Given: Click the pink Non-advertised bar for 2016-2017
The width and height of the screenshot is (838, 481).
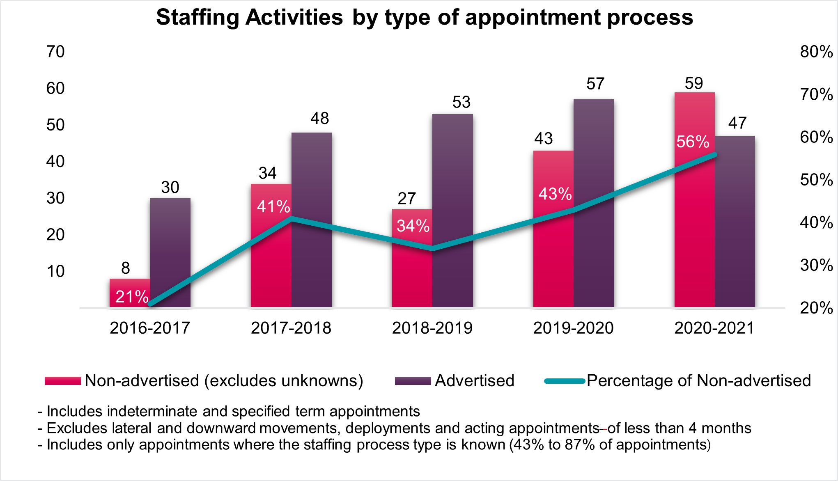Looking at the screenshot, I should tap(130, 293).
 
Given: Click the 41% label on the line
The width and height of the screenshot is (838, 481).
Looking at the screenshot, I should tap(273, 206).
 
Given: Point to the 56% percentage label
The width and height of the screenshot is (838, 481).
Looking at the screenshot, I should tap(693, 142).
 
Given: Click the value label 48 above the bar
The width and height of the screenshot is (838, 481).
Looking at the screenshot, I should tap(320, 119).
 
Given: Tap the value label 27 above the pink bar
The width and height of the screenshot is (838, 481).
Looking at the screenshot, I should tap(406, 199).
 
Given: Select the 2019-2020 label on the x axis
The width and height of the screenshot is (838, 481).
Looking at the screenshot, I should tap(573, 328).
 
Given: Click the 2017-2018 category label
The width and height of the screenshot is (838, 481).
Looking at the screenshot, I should tap(291, 328).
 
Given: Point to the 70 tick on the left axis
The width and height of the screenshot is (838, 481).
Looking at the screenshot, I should tap(55, 52).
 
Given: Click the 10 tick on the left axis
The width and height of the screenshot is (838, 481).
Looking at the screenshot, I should tap(55, 271).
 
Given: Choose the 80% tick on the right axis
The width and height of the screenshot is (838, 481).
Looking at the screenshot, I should tap(816, 52).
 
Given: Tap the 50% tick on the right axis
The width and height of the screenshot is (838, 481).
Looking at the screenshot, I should tap(816, 180).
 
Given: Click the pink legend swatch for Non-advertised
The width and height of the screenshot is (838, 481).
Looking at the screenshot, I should tap(63, 381).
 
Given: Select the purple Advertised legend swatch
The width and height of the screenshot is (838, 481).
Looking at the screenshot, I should tap(413, 381).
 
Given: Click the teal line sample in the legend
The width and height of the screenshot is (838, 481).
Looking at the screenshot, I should tap(565, 381).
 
